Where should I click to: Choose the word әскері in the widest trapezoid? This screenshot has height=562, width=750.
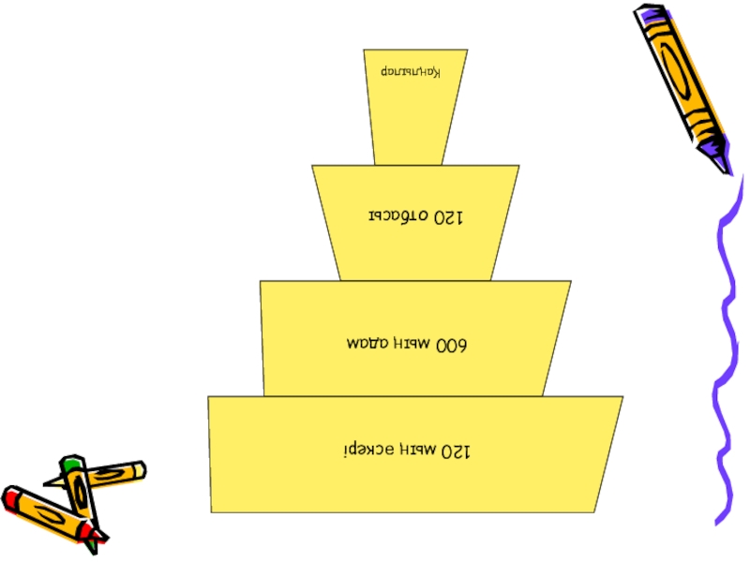pos(366,451)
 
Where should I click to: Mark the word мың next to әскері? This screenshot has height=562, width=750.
pos(409,453)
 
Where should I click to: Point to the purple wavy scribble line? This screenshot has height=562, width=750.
pos(727,356)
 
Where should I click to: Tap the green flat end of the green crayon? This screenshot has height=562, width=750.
pos(71,463)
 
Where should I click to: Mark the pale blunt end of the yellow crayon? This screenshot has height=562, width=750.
pos(140,467)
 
